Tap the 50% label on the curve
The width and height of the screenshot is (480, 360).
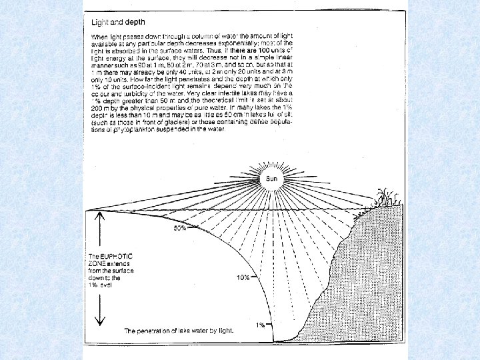click(179, 228)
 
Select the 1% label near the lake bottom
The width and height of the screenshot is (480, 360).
click(261, 325)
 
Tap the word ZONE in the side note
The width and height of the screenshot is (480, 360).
click(97, 263)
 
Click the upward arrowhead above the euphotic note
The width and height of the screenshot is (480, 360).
click(99, 215)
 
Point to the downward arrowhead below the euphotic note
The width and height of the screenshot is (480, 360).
click(99, 321)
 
